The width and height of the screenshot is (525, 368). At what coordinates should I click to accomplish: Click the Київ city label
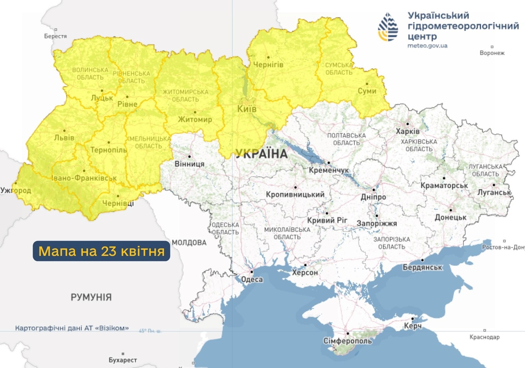tap(247, 109)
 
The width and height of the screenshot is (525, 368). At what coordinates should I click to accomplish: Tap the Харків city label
tap(408, 131)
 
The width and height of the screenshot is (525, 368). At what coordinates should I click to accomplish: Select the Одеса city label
tap(252, 279)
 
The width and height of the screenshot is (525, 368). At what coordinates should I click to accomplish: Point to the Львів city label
tap(64, 138)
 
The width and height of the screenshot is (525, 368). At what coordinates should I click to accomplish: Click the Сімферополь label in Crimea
tap(347, 341)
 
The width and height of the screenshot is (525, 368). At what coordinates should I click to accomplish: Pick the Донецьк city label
tap(450, 217)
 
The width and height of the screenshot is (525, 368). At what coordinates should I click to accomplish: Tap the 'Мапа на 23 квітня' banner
tap(101, 251)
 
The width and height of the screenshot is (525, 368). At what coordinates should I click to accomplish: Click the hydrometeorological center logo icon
tap(388, 27)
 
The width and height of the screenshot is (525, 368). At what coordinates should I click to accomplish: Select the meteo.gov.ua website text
tap(427, 46)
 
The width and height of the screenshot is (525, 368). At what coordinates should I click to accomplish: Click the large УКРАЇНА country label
tap(262, 154)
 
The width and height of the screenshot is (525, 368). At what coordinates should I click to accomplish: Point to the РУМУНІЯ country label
tap(91, 297)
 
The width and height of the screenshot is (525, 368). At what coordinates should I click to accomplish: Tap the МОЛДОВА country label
tap(189, 243)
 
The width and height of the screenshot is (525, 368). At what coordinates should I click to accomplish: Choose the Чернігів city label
tap(268, 64)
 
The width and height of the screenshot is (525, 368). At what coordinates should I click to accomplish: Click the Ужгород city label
tap(16, 190)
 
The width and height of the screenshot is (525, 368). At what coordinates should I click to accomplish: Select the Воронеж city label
tap(492, 53)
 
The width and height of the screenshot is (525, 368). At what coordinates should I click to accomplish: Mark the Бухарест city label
tap(123, 360)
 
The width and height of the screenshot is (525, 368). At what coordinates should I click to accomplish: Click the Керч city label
tap(412, 326)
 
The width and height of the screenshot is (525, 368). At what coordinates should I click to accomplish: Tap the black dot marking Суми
tap(367, 83)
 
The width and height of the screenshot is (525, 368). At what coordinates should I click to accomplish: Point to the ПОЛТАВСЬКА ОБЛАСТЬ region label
tap(346, 139)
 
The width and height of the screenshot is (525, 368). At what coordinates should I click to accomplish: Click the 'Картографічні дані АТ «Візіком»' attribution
tap(72, 328)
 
